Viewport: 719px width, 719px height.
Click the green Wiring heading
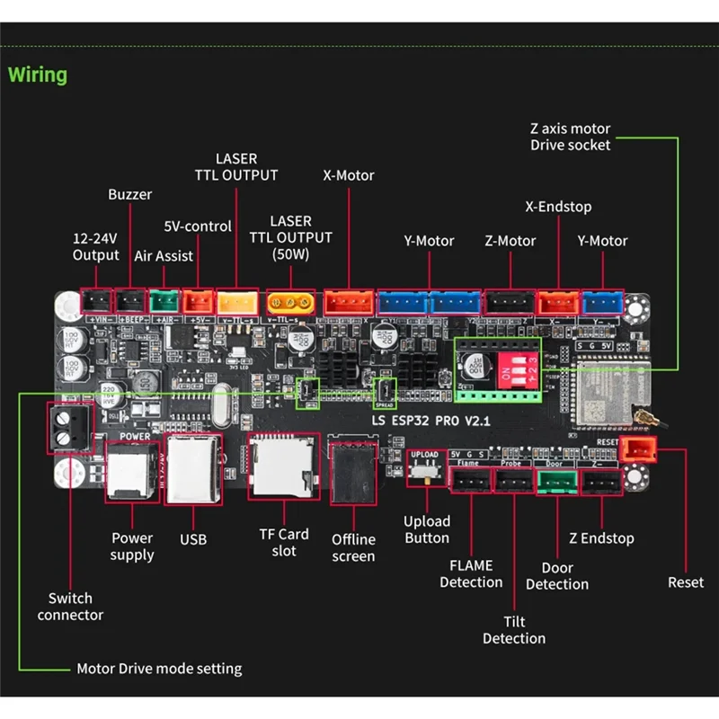(x=38, y=75)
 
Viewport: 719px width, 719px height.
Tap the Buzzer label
(x=130, y=194)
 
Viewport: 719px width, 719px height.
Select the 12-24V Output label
(x=95, y=247)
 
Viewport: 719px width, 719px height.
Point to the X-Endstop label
(x=558, y=207)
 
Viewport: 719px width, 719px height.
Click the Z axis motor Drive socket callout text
(x=570, y=137)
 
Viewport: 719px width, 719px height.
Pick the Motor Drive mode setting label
(x=159, y=669)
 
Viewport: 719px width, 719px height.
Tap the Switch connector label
(x=76, y=607)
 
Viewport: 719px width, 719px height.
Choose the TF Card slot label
(x=284, y=542)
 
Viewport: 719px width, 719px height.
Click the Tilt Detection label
(x=514, y=629)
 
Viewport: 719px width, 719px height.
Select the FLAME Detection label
(x=471, y=573)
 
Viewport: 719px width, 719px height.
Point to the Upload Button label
(x=427, y=529)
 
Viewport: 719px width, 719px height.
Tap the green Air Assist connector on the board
(x=164, y=299)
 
